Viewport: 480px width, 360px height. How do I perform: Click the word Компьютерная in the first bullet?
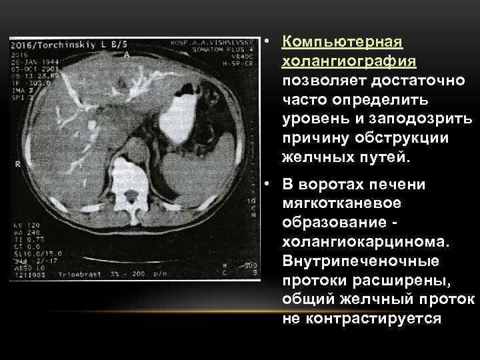342,43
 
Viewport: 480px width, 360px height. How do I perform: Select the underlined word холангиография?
350,62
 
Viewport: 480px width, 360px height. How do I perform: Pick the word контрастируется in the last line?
361,318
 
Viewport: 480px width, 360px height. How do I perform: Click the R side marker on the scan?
15,163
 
